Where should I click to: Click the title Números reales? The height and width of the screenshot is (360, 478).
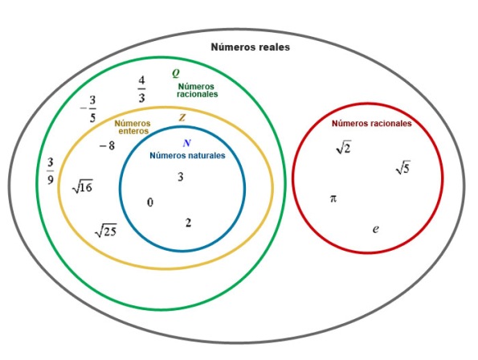click(251, 47)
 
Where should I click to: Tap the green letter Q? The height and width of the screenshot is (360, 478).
click(176, 73)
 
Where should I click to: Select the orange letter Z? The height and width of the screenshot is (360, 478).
click(182, 117)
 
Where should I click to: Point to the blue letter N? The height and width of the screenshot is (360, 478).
click(187, 143)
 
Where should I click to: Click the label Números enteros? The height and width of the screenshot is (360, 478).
click(133, 127)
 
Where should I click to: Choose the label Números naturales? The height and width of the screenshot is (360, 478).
click(187, 155)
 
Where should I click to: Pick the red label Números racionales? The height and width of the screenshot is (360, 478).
click(372, 124)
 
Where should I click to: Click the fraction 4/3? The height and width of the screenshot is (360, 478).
click(141, 89)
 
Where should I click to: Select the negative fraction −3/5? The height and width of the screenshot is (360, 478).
click(89, 108)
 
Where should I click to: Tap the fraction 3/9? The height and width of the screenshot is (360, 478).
click(51, 170)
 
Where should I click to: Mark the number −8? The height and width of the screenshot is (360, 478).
click(108, 145)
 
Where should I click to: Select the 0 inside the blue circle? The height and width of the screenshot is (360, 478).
click(150, 202)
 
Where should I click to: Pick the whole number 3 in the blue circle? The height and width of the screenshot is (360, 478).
click(181, 177)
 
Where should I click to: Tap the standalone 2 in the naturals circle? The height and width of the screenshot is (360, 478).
click(188, 223)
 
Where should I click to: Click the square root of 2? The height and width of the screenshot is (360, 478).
click(344, 147)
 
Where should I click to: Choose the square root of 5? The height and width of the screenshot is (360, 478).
click(402, 167)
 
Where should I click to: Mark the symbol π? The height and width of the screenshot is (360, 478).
click(333, 198)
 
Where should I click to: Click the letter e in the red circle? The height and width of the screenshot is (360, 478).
click(376, 229)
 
